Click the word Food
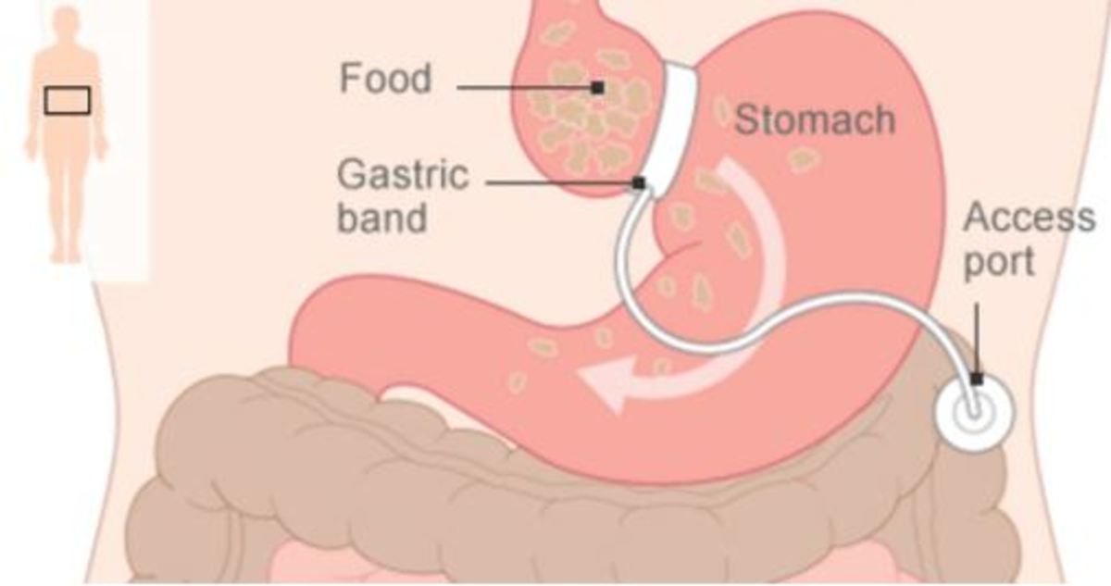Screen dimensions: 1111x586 click(x=385, y=79)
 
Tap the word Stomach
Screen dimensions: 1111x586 click(x=815, y=120)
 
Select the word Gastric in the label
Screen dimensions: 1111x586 click(x=403, y=175)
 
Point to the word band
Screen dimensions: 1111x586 click(x=381, y=218)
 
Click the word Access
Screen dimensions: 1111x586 click(x=1030, y=218)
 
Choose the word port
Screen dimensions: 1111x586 click(x=999, y=261)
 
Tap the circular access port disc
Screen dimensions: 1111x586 click(x=975, y=413)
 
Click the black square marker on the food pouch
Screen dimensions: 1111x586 click(x=598, y=88)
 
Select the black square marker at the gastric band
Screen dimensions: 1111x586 click(x=639, y=183)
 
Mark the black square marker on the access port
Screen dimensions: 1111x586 click(x=977, y=380)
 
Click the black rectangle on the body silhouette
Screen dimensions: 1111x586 click(x=68, y=101)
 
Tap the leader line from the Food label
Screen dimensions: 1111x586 click(x=525, y=88)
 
